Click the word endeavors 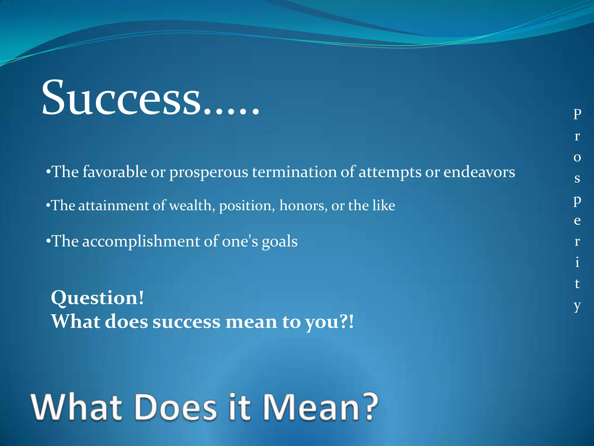[x=479, y=172]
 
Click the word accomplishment [x=141, y=241]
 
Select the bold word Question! [x=97, y=298]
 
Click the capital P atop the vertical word [x=577, y=114]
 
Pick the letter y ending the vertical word [x=577, y=306]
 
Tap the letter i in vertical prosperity [x=577, y=262]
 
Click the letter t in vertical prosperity [x=577, y=283]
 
